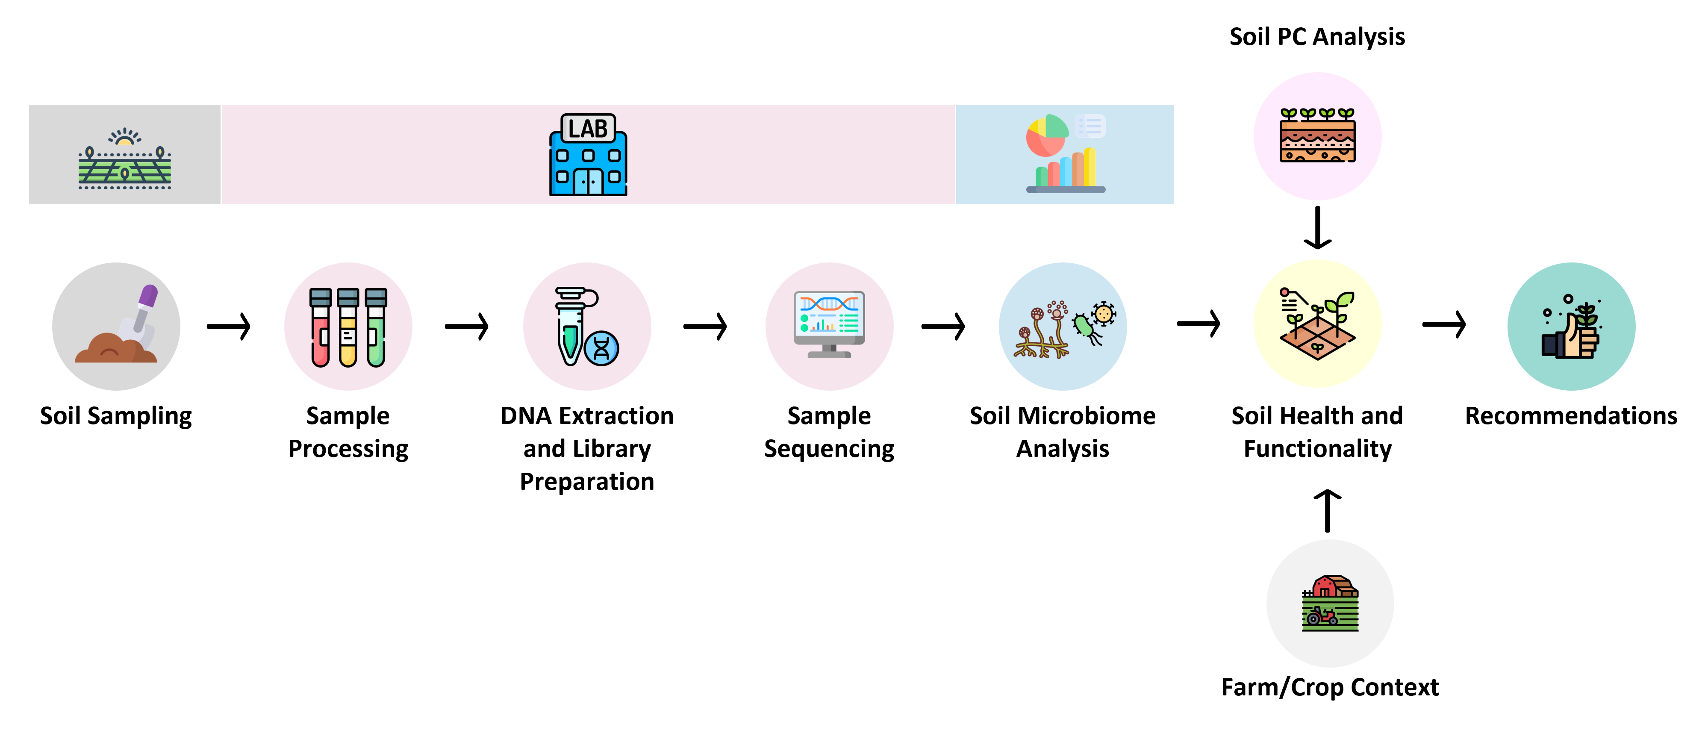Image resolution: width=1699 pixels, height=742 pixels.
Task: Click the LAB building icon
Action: click(588, 155)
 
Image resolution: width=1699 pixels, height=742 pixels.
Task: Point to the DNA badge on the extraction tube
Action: click(601, 348)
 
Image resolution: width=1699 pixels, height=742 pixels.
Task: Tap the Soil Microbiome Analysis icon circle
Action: click(1063, 327)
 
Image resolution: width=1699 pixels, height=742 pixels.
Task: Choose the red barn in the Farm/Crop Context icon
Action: click(1331, 586)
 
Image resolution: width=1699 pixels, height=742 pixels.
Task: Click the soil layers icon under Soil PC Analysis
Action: click(1317, 136)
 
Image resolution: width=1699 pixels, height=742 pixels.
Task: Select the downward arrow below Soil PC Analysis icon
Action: click(1317, 227)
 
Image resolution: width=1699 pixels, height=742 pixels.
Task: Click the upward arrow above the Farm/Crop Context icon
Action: click(1327, 510)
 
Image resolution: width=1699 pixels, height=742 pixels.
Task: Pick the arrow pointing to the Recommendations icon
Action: click(1444, 324)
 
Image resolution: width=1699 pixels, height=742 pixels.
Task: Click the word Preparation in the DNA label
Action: click(587, 481)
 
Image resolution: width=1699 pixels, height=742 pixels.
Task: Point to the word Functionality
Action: click(1317, 448)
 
